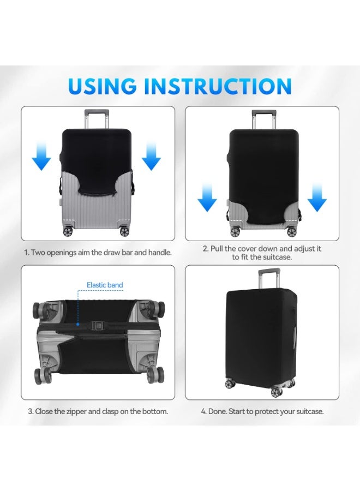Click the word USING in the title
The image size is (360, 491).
[102, 86]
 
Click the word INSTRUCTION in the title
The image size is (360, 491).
[218, 86]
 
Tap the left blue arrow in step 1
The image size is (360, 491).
[41, 155]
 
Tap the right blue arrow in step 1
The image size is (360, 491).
[152, 155]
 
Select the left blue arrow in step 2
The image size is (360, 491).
[207, 197]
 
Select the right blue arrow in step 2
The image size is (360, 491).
[317, 197]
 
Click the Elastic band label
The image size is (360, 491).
[105, 285]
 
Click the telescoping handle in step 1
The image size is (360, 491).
[97, 119]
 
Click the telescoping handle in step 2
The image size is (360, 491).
[264, 119]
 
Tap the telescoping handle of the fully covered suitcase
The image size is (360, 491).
[269, 278]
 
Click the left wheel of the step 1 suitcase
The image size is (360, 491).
[68, 231]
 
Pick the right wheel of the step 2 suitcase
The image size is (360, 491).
[291, 232]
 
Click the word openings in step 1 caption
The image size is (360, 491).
[61, 253]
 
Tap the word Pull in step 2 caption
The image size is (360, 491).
[217, 249]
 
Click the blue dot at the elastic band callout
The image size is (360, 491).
[77, 325]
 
